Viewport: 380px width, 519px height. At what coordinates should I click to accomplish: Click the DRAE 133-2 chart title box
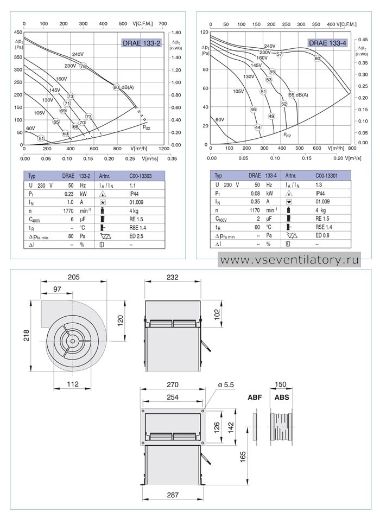tap(142, 43)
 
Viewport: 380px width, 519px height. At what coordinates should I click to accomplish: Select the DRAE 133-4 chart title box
tap(328, 43)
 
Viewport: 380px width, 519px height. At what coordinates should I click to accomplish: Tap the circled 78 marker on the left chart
tap(83, 66)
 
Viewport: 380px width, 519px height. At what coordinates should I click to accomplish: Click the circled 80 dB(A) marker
tap(116, 87)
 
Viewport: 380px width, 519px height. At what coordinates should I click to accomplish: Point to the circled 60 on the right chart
tap(318, 59)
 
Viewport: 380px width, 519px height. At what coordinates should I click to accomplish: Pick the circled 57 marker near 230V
tap(280, 54)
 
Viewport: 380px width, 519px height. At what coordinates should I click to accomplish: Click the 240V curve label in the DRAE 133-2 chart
tap(78, 54)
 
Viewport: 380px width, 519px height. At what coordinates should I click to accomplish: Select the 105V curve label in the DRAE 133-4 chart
tap(238, 91)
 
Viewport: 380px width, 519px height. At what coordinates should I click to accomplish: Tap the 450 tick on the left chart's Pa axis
tap(18, 32)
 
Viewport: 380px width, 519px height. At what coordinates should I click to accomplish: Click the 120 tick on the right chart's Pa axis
tap(205, 32)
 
